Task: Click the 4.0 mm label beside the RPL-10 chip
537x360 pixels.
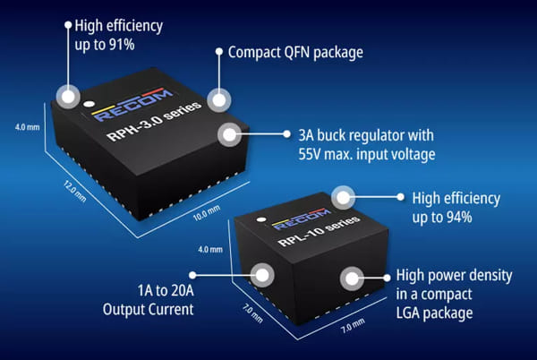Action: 209,249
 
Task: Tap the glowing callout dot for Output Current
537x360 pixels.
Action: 263,274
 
